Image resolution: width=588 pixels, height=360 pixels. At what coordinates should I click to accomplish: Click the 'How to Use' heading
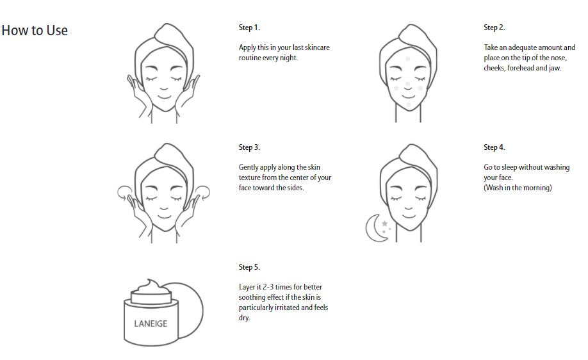click(x=35, y=31)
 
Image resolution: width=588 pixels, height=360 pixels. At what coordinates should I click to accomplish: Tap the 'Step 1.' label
click(x=249, y=28)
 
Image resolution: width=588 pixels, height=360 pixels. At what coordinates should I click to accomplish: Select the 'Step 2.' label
click(x=494, y=28)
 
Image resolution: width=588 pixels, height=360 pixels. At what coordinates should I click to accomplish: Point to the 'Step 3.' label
click(x=249, y=147)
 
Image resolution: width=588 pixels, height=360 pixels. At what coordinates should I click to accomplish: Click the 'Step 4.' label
click(x=494, y=147)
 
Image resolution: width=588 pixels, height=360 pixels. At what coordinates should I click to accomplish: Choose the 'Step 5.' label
click(x=249, y=267)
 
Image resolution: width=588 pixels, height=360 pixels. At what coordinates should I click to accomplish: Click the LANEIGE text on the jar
click(x=151, y=323)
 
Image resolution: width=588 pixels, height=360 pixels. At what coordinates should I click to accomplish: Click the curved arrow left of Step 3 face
click(x=124, y=190)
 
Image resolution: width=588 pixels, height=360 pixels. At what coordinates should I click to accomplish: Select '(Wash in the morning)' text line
click(x=518, y=188)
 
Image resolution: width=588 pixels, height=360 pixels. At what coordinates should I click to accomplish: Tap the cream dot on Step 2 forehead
click(x=407, y=59)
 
